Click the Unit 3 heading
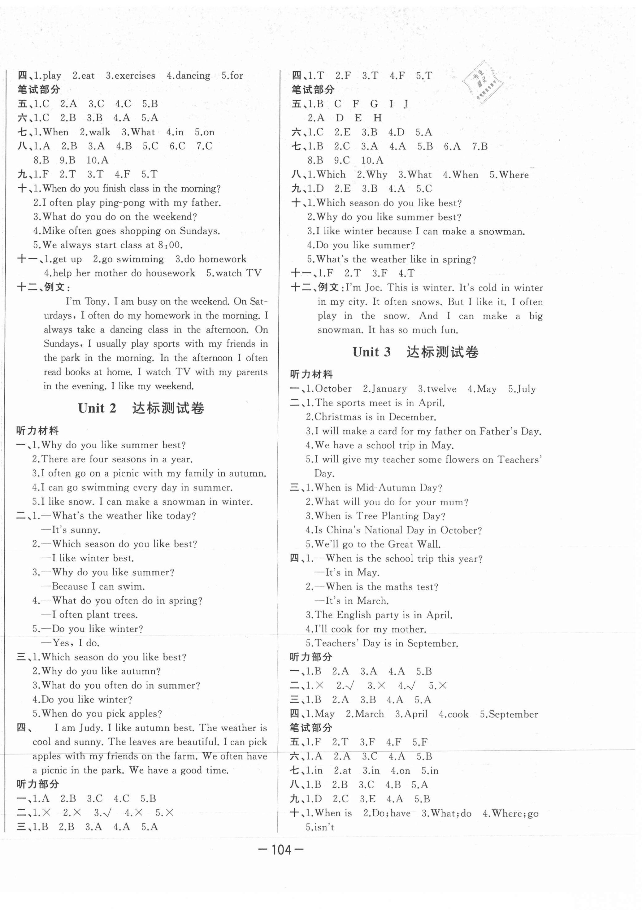tap(415, 351)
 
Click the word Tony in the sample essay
tap(96, 302)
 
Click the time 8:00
tap(170, 245)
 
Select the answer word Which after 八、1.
tap(331, 175)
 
